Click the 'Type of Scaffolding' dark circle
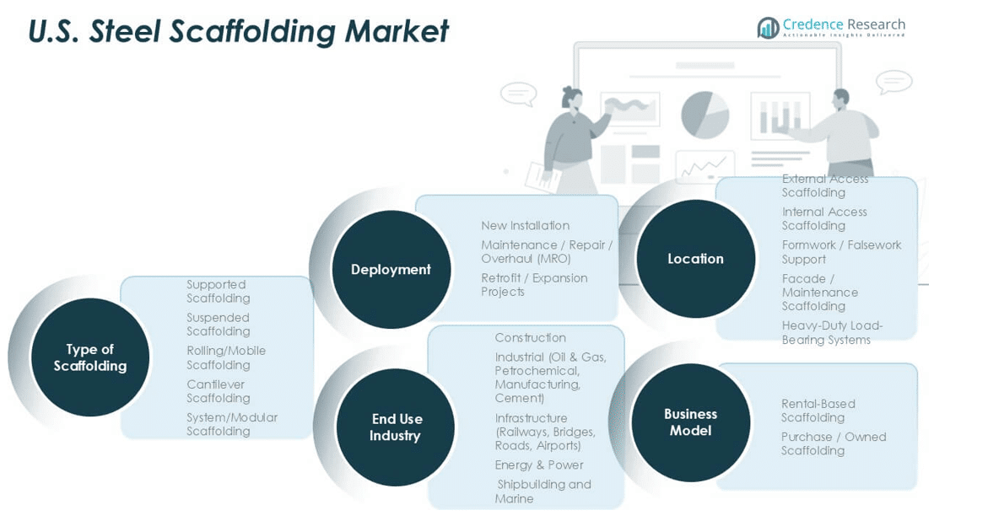point(90,357)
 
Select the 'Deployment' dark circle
point(391,270)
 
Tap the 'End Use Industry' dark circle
point(396,427)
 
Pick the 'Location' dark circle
point(695,259)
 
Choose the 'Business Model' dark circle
point(690,422)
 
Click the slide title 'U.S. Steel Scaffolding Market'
point(239,31)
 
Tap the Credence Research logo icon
point(768,28)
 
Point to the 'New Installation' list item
point(525,226)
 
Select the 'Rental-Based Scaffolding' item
point(818,411)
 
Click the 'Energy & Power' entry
point(538,465)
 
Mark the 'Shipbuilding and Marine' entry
point(543,491)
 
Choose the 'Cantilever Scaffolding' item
point(219,391)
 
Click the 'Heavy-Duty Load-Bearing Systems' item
point(832,333)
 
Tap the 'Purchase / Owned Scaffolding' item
point(833,443)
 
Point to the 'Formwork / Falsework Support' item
point(841,252)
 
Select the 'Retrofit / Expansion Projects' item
point(534,285)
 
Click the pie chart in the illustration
point(705,115)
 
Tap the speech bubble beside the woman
point(518,93)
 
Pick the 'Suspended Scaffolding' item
point(219,325)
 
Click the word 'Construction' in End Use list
point(530,338)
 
